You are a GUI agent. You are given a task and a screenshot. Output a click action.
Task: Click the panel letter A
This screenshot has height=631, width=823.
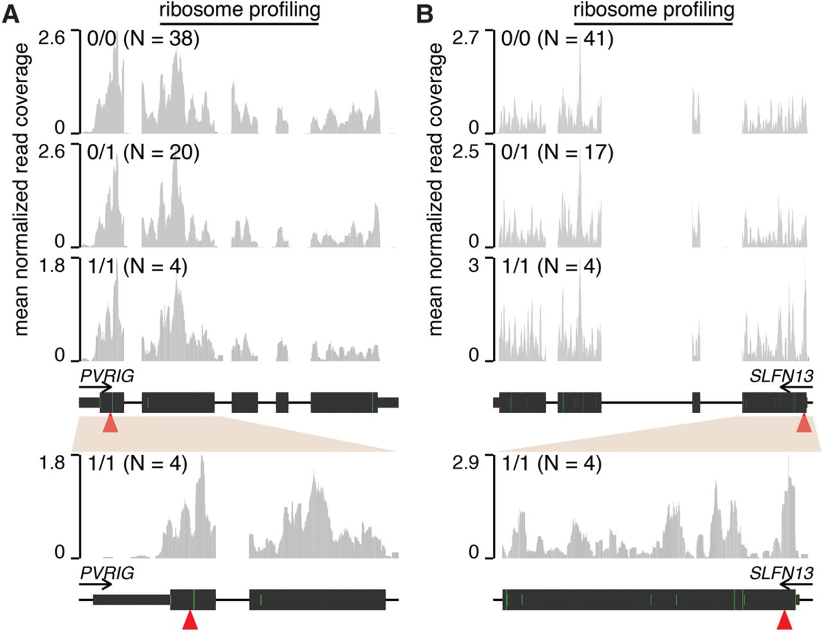coord(13,14)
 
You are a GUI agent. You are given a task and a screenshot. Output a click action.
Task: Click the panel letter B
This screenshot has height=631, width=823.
coord(425,14)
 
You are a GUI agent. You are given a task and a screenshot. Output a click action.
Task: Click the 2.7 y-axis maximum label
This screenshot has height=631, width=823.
coord(466,38)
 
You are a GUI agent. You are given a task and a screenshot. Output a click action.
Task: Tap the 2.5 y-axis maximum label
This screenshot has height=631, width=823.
coord(466,152)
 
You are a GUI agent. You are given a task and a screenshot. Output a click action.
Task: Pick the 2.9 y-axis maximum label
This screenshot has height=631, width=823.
coord(466,463)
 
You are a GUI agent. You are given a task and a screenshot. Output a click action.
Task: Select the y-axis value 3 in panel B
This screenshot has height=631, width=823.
coord(475,265)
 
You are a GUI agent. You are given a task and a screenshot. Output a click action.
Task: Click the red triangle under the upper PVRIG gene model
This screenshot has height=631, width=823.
coord(110,423)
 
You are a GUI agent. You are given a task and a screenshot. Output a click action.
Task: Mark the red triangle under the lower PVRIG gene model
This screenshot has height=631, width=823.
coord(189,621)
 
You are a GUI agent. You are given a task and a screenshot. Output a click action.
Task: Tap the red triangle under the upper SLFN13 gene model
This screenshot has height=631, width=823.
coord(804,423)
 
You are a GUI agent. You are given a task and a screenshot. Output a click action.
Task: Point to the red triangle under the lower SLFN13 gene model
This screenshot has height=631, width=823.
coord(784,621)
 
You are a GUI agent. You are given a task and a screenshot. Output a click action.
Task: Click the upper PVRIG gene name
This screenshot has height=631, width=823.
coord(107,377)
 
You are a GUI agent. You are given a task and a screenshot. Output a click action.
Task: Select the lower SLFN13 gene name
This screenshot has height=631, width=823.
coord(781,573)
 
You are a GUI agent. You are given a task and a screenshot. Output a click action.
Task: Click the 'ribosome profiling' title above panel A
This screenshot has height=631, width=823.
coord(239,10)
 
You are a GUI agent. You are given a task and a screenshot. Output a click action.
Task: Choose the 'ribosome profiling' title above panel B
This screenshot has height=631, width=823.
coord(653,10)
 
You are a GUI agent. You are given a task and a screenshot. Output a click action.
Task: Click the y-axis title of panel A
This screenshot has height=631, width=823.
coord(22,190)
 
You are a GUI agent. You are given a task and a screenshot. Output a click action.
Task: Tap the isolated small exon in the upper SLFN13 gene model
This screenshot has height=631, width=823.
coord(696,402)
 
